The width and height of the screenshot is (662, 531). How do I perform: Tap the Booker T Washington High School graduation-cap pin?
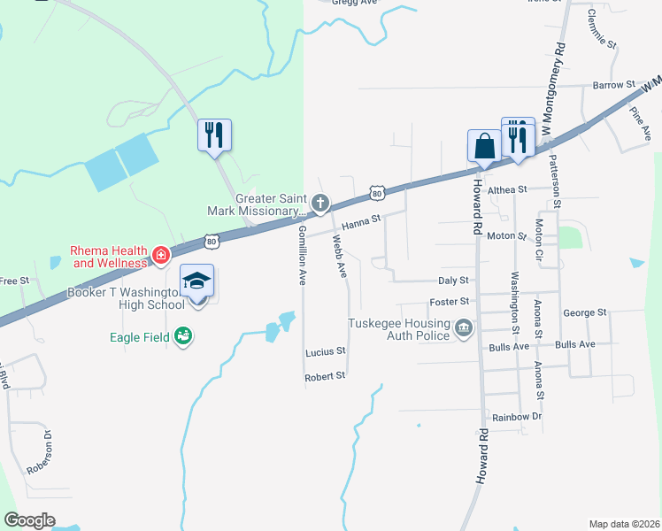click(197, 282)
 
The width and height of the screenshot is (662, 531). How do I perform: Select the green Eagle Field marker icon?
click(183, 336)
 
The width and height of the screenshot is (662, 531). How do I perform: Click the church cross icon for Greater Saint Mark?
click(320, 204)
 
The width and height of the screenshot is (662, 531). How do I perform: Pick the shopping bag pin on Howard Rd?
click(485, 145)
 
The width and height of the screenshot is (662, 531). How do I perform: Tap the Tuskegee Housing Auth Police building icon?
click(463, 330)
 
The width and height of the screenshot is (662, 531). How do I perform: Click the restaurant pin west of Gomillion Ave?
click(214, 135)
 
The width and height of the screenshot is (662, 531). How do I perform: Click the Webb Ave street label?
click(340, 255)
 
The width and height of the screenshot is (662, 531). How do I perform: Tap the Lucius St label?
click(325, 352)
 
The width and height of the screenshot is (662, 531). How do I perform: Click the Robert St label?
click(325, 376)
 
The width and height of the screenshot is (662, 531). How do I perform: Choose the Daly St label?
click(453, 280)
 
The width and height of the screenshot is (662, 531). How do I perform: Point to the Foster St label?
click(450, 302)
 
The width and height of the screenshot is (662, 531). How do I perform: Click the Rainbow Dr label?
click(517, 417)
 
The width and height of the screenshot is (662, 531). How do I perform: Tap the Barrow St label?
click(615, 85)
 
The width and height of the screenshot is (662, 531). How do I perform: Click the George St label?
click(584, 313)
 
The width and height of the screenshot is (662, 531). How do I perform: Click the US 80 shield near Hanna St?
click(378, 192)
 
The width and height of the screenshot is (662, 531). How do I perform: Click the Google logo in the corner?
click(30, 520)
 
